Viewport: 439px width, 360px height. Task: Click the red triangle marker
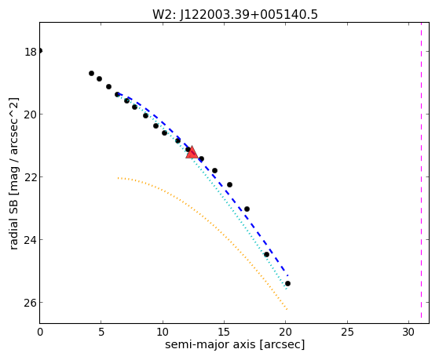point(192,152)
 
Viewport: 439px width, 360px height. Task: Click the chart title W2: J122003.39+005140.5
point(235,14)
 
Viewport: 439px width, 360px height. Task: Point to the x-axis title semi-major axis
point(210,344)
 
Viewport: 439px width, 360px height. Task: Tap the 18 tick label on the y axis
point(31,52)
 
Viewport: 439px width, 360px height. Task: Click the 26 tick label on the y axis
point(31,303)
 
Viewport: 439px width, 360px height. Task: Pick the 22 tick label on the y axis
point(31,177)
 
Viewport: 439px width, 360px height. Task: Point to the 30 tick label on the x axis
point(408,332)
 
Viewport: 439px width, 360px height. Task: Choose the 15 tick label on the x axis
point(224,332)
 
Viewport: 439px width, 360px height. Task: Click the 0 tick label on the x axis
point(40,332)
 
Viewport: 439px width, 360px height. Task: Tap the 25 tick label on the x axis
point(347,332)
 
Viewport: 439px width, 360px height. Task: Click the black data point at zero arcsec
point(40,51)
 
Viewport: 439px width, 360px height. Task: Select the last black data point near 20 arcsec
point(287,284)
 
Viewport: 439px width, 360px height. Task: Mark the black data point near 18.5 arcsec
point(266,255)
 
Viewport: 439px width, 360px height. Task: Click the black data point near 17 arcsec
point(247,209)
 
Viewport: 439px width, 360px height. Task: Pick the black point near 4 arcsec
point(91,73)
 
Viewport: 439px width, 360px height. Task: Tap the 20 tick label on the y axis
point(31,115)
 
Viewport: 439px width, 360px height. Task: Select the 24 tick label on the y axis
point(31,240)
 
